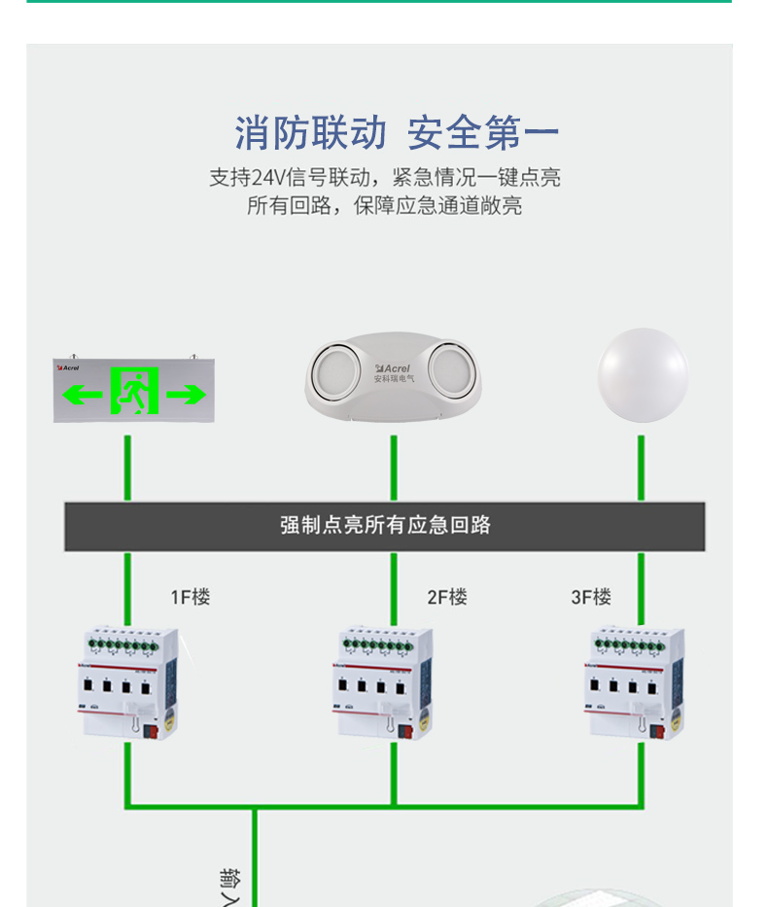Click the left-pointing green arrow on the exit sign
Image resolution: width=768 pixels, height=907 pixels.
(83, 394)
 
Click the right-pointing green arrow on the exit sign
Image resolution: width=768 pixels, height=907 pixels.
(186, 394)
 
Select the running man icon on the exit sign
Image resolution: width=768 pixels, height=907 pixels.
(134, 391)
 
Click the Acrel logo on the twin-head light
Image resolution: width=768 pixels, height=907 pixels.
(394, 368)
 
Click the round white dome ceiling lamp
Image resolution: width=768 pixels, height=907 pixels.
(642, 374)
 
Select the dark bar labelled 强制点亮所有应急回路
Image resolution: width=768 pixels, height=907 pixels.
(385, 526)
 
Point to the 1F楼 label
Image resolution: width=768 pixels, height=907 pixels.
(191, 597)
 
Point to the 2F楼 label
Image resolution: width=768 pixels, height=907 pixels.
(447, 597)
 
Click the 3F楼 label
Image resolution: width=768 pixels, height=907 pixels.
(591, 597)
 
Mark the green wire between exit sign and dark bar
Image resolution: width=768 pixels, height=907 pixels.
(127, 468)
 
